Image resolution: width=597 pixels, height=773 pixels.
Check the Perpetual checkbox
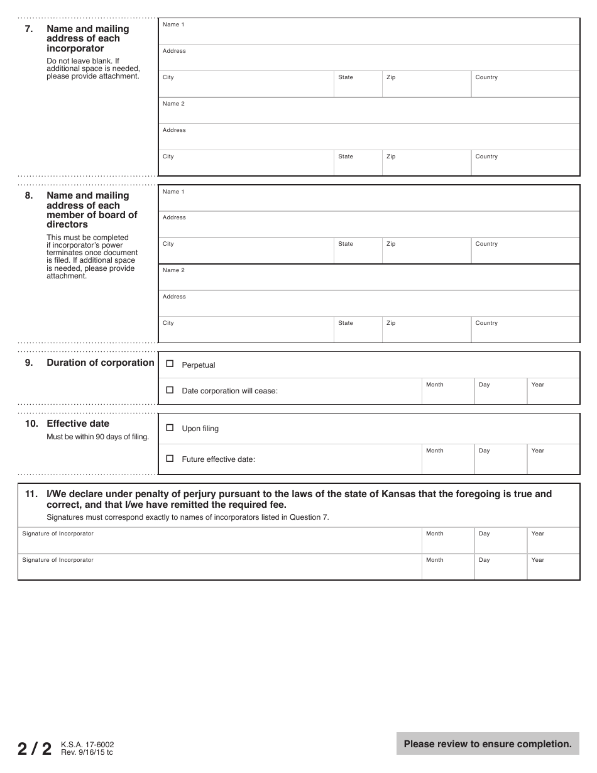click(x=170, y=364)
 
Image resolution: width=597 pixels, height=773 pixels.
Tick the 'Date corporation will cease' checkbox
click(x=170, y=390)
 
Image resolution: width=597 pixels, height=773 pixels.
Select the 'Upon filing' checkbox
click(x=170, y=427)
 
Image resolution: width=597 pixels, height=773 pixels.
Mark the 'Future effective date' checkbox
click(x=170, y=458)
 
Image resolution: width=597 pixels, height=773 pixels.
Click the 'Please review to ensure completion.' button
click(x=488, y=743)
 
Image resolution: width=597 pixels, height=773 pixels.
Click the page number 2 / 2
click(x=35, y=748)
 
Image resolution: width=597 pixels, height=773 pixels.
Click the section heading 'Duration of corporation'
click(x=100, y=363)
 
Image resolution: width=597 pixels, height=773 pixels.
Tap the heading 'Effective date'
click(x=77, y=424)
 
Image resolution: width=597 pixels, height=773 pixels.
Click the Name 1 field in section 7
click(x=369, y=33)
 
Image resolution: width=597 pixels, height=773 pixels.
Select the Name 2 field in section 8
click(x=369, y=278)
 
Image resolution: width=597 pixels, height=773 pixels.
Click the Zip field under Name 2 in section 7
click(x=426, y=165)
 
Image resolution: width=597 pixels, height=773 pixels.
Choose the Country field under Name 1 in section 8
click(x=525, y=252)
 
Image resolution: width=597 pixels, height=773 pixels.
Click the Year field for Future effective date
click(x=553, y=461)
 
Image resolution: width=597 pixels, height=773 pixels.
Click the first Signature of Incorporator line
click(x=220, y=542)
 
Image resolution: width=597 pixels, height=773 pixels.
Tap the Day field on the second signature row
click(x=500, y=568)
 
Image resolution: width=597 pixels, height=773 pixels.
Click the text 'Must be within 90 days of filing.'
click(x=97, y=437)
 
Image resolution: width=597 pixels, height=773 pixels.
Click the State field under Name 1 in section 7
click(x=358, y=85)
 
